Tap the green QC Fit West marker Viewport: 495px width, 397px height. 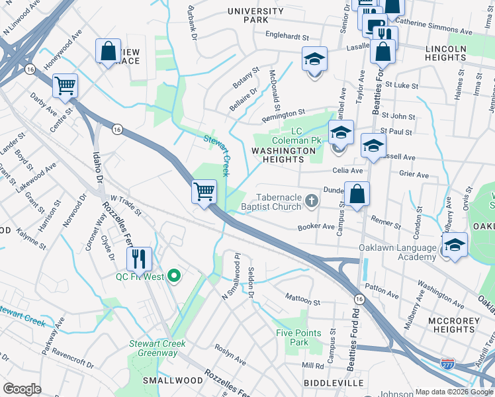coord(174,276)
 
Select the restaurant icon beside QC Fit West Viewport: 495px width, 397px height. coord(139,259)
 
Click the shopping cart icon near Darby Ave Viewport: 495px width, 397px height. coord(65,85)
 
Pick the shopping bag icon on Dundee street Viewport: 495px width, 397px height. coord(357,195)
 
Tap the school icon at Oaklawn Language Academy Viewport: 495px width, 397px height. coord(455,245)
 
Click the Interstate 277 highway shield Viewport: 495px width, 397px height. coord(448,363)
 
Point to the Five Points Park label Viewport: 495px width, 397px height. coord(298,337)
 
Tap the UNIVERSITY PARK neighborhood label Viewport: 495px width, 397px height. coord(255,16)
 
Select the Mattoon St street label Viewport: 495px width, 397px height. coord(302,301)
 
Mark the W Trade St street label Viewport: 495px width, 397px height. coord(126,204)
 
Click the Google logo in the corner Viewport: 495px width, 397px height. coord(22,388)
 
